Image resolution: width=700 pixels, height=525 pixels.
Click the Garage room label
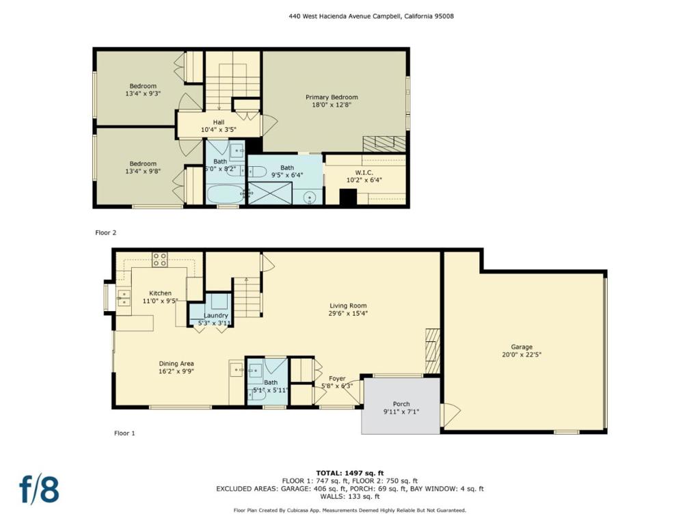pyautogui.click(x=522, y=347)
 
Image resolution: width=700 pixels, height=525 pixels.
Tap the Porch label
pyautogui.click(x=401, y=404)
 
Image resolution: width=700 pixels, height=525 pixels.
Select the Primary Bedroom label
pyautogui.click(x=332, y=97)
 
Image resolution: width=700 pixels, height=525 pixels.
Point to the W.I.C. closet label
pyautogui.click(x=364, y=172)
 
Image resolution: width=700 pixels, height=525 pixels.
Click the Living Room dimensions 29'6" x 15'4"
pyautogui.click(x=348, y=313)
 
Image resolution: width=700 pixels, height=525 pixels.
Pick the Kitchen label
pyautogui.click(x=160, y=293)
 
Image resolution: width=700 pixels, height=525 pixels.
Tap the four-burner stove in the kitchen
pyautogui.click(x=160, y=259)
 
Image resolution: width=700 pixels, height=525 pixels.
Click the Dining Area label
pyautogui.click(x=176, y=364)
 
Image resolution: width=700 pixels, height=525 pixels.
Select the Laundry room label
pyautogui.click(x=215, y=315)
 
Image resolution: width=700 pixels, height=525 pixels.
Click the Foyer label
pyautogui.click(x=337, y=379)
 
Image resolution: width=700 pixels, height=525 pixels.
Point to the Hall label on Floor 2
pyautogui.click(x=219, y=122)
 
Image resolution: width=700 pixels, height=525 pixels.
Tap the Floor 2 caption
pyautogui.click(x=106, y=232)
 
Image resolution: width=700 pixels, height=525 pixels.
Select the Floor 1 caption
pyautogui.click(x=124, y=433)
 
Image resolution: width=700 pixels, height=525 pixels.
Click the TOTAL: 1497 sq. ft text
pyautogui.click(x=350, y=473)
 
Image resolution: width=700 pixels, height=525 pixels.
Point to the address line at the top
pyautogui.click(x=371, y=16)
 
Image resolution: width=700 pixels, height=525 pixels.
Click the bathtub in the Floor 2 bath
pyautogui.click(x=226, y=194)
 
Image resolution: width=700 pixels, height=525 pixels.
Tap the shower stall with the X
pyautogui.click(x=269, y=193)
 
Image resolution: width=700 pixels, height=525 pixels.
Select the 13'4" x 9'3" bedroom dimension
pyautogui.click(x=143, y=94)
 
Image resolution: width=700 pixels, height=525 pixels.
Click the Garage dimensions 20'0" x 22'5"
pyautogui.click(x=522, y=355)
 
